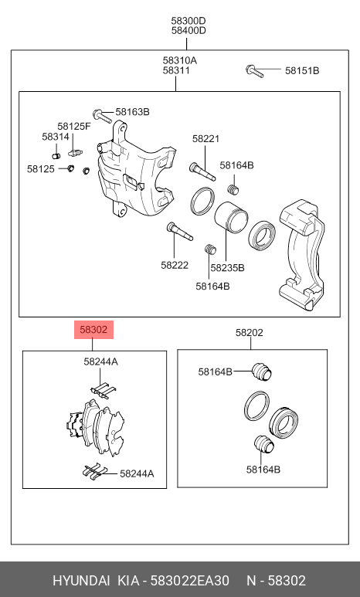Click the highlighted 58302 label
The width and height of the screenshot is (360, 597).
tap(94, 330)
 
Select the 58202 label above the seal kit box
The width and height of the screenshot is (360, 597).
tap(249, 333)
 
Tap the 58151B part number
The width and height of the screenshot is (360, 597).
tap(301, 71)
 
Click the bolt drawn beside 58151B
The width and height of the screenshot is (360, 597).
tap(256, 72)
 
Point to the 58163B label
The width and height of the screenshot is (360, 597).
tap(133, 112)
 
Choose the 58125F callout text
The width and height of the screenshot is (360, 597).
tap(73, 126)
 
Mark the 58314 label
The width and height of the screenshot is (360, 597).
tap(56, 137)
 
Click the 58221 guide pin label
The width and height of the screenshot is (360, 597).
tap(206, 139)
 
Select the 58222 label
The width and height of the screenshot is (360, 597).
tap(175, 264)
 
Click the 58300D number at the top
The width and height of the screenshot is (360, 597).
tap(188, 20)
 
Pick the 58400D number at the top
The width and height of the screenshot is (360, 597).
tap(188, 31)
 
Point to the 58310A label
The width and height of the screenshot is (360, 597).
tap(179, 60)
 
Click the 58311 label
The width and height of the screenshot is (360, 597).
tap(176, 71)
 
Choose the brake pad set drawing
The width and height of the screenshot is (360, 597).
tap(93, 429)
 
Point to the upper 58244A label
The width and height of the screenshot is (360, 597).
tap(100, 361)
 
